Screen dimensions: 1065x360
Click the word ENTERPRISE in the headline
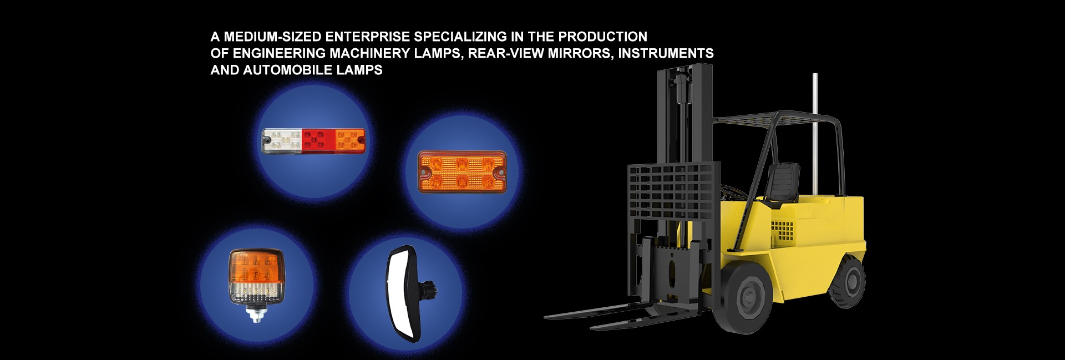point(367,37)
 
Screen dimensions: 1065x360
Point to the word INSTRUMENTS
point(666,53)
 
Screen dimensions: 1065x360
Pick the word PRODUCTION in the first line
point(602,37)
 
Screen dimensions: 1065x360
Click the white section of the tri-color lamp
point(282,141)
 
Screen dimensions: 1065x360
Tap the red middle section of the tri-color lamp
point(318,141)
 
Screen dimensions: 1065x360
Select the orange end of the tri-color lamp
point(350,141)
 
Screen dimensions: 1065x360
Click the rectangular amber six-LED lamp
point(462,171)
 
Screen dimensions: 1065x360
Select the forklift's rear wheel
point(846,283)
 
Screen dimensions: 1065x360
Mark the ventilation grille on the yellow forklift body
point(783,230)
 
